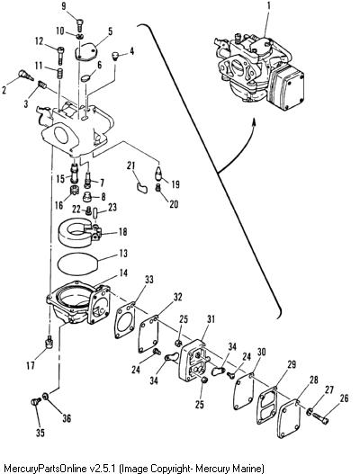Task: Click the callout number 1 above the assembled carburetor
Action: click(x=269, y=6)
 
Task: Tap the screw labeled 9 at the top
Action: click(x=79, y=24)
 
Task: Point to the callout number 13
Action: click(x=122, y=253)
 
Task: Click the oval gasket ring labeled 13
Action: click(x=78, y=264)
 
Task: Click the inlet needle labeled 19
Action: click(x=159, y=174)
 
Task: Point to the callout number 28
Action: click(x=314, y=380)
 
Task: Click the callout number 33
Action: click(x=148, y=280)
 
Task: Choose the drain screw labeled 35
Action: click(x=36, y=402)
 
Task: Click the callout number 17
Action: click(x=31, y=366)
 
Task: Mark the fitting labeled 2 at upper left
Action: click(x=25, y=75)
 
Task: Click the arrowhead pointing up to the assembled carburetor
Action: click(x=254, y=121)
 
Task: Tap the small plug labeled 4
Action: click(x=115, y=56)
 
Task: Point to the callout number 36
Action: click(x=67, y=418)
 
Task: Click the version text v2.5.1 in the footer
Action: click(x=103, y=469)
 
